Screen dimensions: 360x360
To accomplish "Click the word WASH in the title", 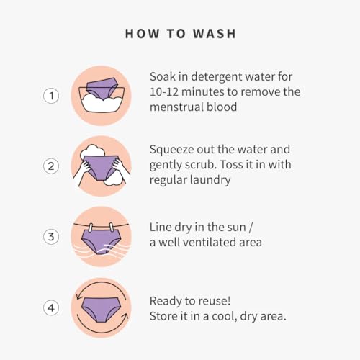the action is coord(215,34).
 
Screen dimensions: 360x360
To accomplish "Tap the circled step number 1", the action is coord(51,96).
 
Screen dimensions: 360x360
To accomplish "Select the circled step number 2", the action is coord(51,166).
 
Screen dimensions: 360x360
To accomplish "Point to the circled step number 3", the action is coord(51,237).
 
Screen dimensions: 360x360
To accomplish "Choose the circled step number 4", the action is coord(51,307).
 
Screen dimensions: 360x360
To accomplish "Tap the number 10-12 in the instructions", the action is coord(164,92).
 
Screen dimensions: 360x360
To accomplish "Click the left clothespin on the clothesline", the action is coord(91,228).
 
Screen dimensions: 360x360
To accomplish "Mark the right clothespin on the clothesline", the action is coord(112,227).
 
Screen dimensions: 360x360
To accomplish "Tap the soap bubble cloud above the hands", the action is coord(92,151).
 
